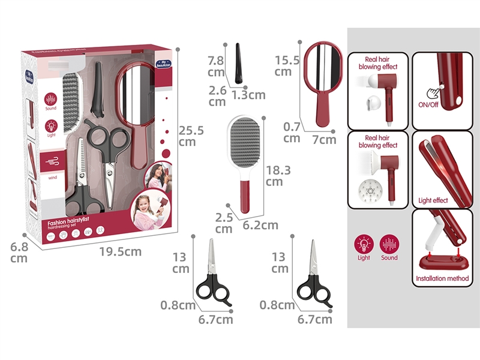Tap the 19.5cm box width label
tap(121, 251)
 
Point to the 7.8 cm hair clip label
tap(216, 67)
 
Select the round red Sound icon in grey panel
tap(389, 245)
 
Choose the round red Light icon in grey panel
tap(363, 245)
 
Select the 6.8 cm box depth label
tap(19, 251)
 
